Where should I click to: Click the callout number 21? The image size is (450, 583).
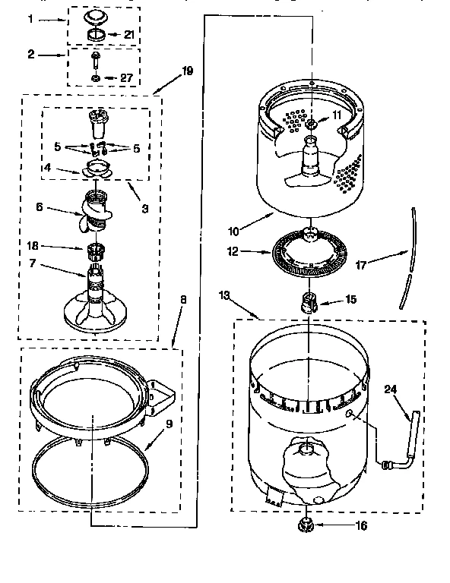click(130, 35)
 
